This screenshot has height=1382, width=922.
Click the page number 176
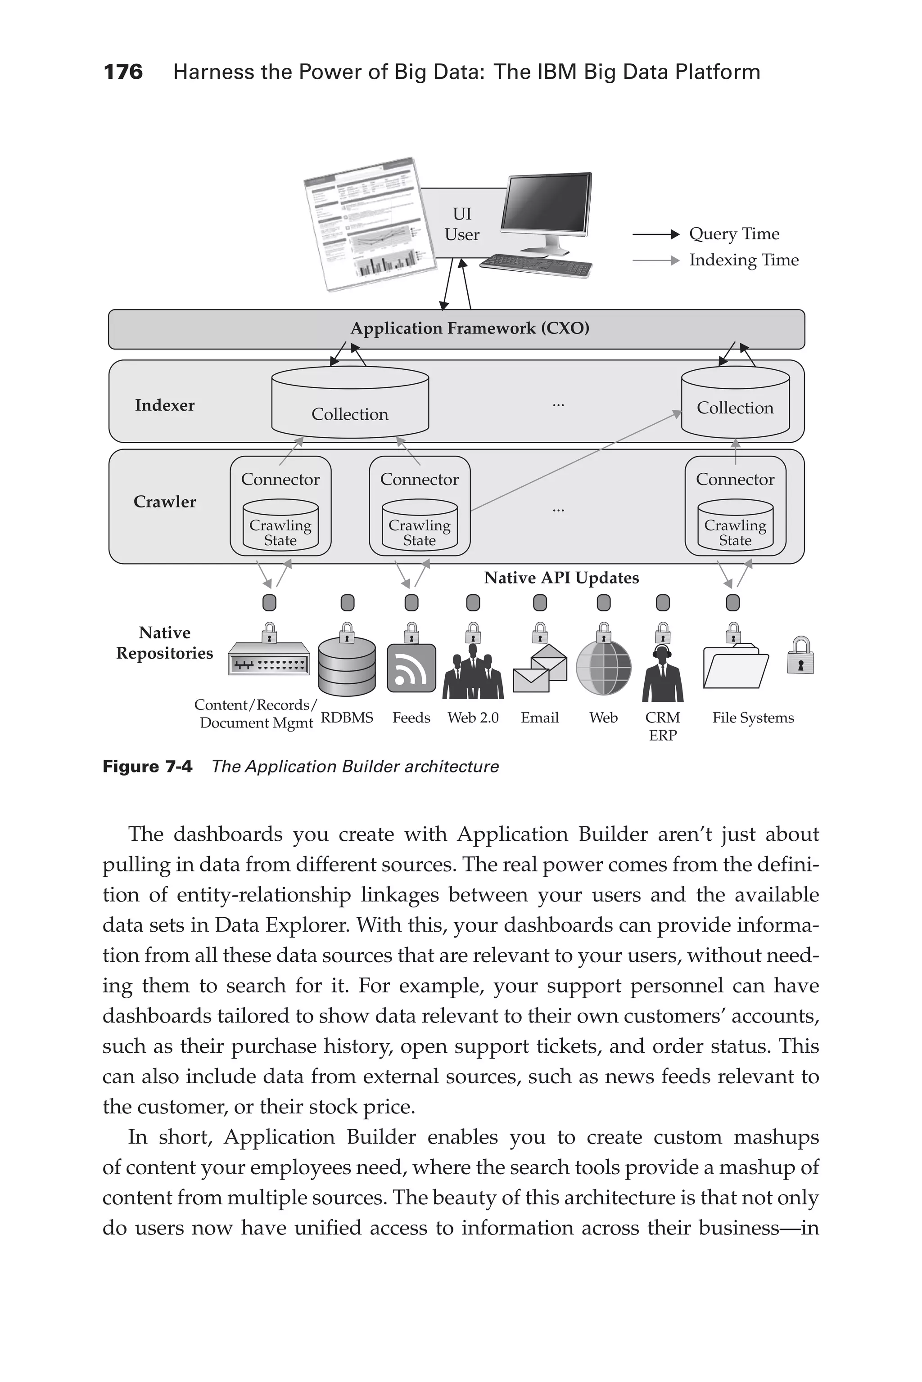tap(123, 72)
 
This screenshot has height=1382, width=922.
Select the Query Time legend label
tap(734, 234)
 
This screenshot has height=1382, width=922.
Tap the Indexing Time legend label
tap(743, 260)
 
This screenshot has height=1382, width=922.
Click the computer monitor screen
tap(546, 203)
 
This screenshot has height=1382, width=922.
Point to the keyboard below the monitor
tap(536, 265)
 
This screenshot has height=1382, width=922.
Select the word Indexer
tap(165, 405)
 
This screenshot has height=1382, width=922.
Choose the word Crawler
tap(165, 502)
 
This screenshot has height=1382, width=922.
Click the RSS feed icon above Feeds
tap(411, 668)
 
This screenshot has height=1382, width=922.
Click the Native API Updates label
tap(561, 578)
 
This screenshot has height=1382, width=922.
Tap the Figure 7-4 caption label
tap(147, 767)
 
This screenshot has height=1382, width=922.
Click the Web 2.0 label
tap(473, 718)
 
